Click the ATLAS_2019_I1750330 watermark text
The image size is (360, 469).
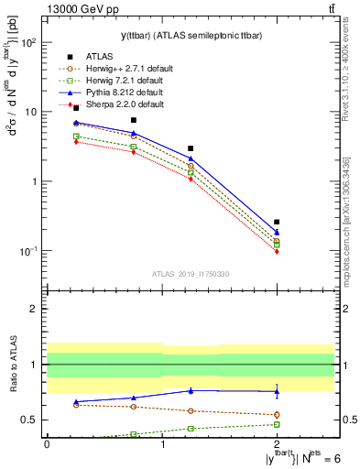190,274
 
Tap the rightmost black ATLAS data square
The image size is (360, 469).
277,222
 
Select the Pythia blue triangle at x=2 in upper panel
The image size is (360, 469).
277,232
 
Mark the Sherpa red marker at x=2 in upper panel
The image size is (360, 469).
277,251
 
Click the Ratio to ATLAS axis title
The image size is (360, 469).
12,365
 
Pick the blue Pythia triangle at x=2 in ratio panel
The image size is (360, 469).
277,391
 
